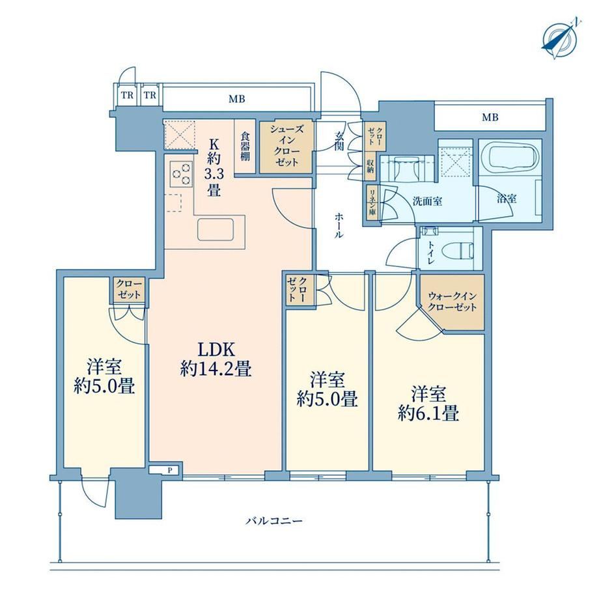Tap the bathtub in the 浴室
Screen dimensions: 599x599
click(510, 158)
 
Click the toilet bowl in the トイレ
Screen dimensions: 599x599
click(457, 251)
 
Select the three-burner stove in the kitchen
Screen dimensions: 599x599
click(181, 173)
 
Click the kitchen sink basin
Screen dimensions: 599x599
click(216, 230)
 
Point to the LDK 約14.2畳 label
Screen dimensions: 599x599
click(216, 359)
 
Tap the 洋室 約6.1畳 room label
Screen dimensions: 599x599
click(428, 403)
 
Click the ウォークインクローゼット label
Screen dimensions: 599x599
click(453, 301)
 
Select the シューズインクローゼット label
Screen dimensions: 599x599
click(286, 146)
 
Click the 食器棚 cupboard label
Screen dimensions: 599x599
click(245, 146)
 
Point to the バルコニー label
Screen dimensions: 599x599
click(274, 520)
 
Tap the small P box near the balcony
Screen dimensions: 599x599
click(170, 470)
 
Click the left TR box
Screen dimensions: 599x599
click(127, 95)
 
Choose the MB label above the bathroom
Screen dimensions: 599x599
click(490, 117)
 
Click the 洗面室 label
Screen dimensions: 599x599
click(428, 201)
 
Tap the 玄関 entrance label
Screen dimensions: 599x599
click(339, 140)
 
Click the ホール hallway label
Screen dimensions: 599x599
click(339, 225)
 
